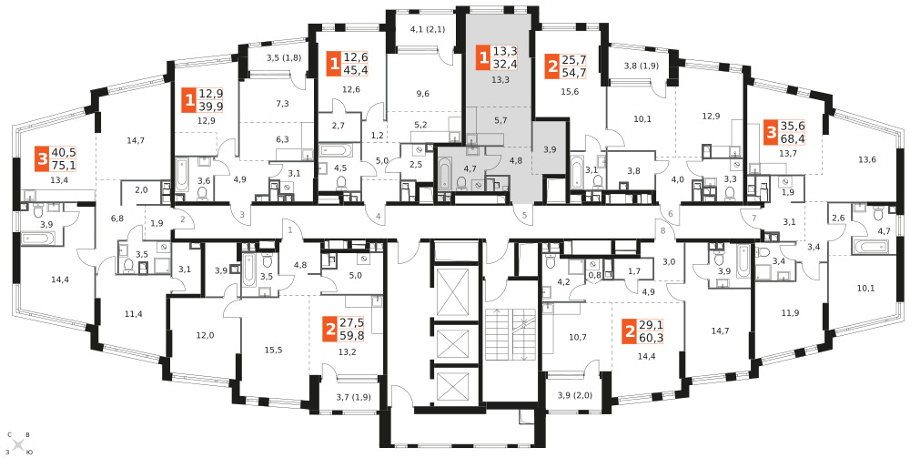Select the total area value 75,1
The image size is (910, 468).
click(64, 166)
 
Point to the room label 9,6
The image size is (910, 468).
click(422, 94)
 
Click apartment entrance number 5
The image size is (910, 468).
click(525, 216)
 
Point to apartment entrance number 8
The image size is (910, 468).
click(662, 230)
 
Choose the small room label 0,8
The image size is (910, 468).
click(594, 275)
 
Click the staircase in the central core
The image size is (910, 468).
click(509, 334)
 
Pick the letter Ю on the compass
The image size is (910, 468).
click(29, 452)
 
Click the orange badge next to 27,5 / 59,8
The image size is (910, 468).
click(331, 331)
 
